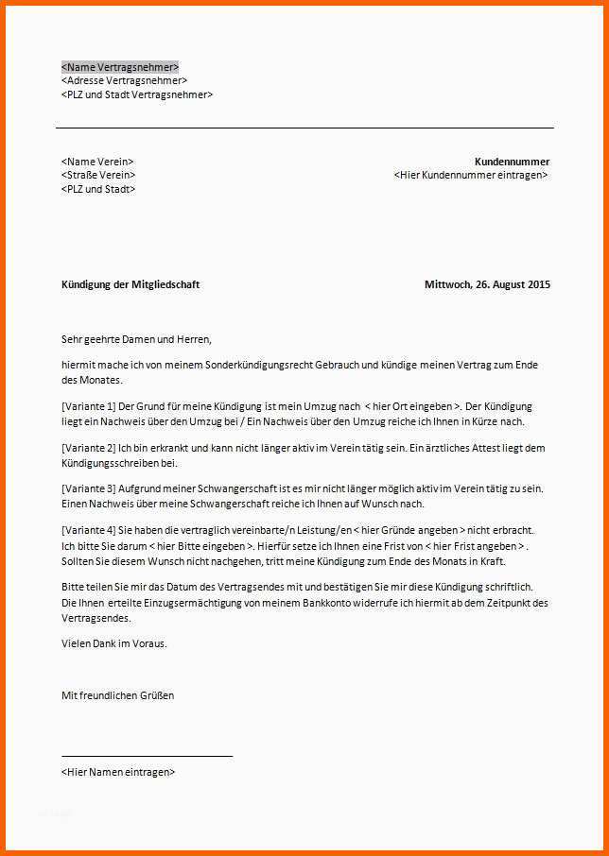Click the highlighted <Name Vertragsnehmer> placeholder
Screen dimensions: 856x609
(119, 67)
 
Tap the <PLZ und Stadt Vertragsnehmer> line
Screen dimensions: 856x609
(137, 94)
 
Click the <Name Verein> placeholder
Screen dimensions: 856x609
(97, 162)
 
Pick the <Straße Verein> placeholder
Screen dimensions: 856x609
(98, 176)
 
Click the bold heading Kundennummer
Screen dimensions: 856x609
(512, 162)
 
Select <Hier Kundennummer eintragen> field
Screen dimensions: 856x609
(471, 176)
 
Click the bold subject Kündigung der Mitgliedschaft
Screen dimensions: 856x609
(130, 284)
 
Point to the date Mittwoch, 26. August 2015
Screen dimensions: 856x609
(487, 284)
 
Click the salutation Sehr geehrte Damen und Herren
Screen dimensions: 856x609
(136, 339)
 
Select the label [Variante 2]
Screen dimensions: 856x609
(88, 448)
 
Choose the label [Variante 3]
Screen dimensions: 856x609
(88, 489)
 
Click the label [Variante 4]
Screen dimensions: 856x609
(88, 531)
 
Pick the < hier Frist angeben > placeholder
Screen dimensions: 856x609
(476, 546)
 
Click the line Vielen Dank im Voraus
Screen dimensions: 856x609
(113, 643)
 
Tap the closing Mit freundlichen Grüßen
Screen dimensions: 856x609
(117, 695)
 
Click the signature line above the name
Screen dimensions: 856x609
(147, 756)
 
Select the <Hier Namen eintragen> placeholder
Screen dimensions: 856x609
(118, 772)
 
